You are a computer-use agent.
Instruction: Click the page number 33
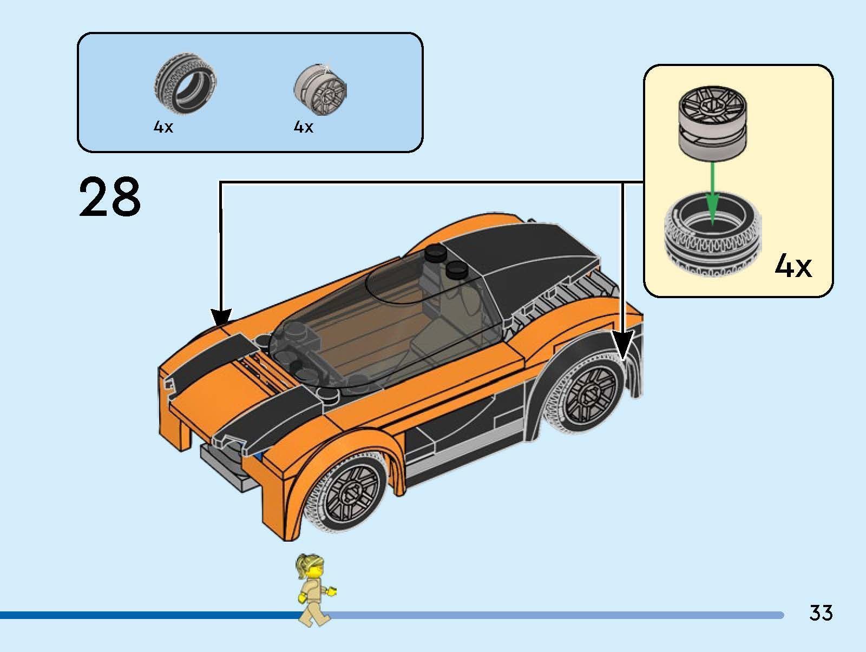(x=821, y=613)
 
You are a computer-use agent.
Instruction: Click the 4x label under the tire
(x=163, y=128)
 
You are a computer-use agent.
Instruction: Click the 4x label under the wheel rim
(x=303, y=127)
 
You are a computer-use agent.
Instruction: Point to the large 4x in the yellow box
(x=793, y=266)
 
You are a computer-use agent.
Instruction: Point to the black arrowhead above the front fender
(x=221, y=318)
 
